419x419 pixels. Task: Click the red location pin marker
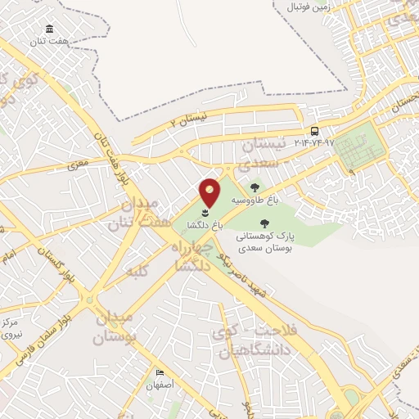pos(209,191)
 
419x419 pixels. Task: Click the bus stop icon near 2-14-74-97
pos(315,131)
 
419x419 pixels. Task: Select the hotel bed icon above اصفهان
pos(160,373)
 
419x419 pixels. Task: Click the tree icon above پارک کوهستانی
pos(264,223)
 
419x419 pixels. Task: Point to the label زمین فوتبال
pos(309,7)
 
